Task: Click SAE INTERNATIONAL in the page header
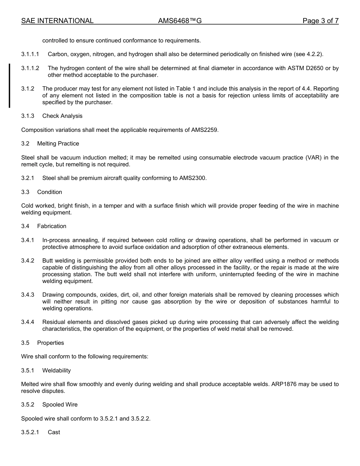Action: coord(57,21)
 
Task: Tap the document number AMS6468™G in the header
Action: coord(180,21)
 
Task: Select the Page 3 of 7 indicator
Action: coord(320,21)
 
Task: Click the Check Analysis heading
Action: coord(62,116)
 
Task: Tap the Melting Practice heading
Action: coord(58,144)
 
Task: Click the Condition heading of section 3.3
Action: coord(50,192)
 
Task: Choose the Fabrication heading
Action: coord(52,226)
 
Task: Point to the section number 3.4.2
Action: coord(28,261)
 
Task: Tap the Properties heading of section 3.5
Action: coord(50,343)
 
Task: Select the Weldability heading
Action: coord(56,371)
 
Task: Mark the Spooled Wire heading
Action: coord(60,405)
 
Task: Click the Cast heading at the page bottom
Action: coord(54,432)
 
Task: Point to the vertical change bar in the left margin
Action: coord(9,86)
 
